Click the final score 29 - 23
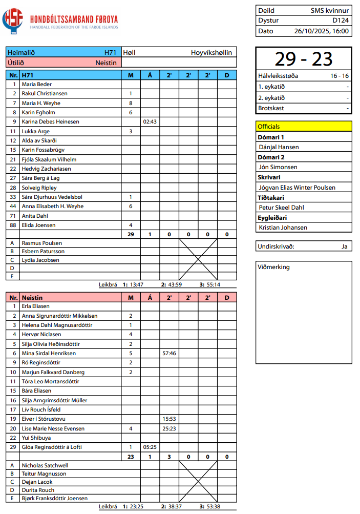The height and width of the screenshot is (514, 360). point(304,59)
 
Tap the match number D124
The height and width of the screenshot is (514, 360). point(341,20)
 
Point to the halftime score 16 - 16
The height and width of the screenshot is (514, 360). point(340,76)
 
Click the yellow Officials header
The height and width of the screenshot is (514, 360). point(304,126)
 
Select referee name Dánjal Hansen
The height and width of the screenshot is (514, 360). point(279,147)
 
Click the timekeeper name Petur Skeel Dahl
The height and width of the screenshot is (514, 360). point(281,208)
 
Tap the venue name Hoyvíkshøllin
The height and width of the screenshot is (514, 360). point(211,52)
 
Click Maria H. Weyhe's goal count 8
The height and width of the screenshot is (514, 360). point(131,103)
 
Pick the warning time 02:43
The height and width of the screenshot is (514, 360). point(150,122)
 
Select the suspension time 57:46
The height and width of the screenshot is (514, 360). point(169,353)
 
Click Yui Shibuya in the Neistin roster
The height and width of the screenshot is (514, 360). point(36,438)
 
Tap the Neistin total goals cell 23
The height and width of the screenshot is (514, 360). point(131,456)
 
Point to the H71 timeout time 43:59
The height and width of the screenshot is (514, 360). point(174,284)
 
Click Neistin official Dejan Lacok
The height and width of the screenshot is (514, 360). point(38,482)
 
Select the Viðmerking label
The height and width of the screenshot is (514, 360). point(273,267)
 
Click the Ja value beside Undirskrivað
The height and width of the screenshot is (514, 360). point(344,246)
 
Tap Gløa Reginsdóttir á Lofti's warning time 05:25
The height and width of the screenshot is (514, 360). point(150,447)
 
